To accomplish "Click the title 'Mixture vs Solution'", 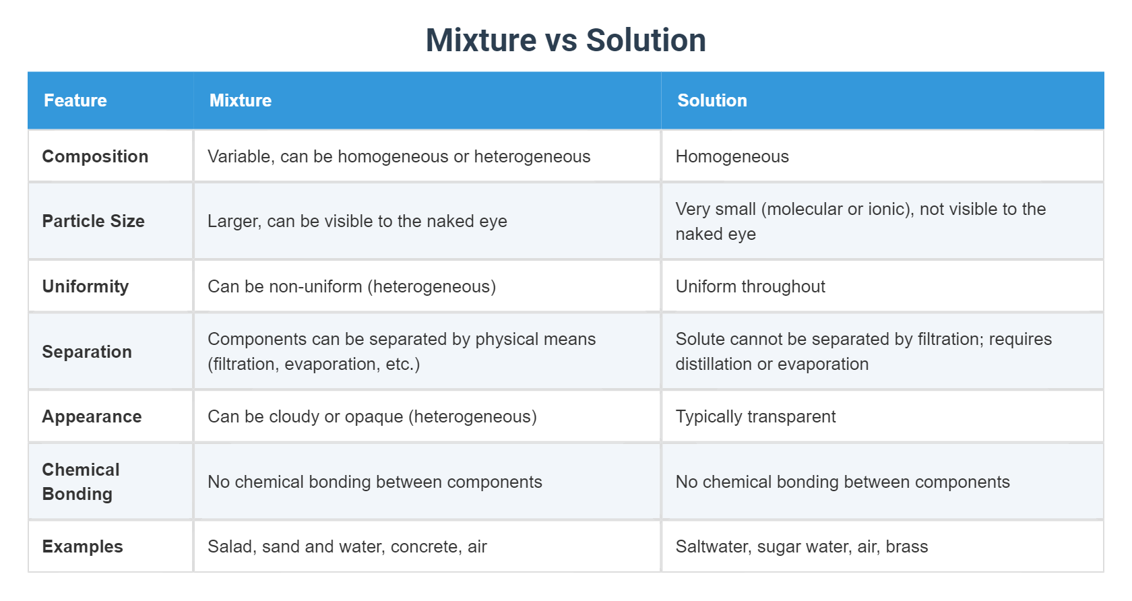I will [x=565, y=40].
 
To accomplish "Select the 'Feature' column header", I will [x=75, y=100].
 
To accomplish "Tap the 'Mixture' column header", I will [x=241, y=100].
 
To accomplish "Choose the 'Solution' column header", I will [x=712, y=100].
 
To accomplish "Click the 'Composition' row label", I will [x=95, y=156].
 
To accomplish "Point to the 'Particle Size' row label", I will [x=93, y=221].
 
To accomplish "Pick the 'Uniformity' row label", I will [x=86, y=286].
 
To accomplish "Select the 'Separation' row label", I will [x=87, y=352].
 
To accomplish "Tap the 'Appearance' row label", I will [x=92, y=416].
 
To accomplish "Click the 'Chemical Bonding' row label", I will [x=81, y=482].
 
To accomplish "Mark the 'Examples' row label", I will [x=82, y=546].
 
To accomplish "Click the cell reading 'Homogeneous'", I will [x=732, y=156].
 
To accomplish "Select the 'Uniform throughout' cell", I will [x=750, y=286].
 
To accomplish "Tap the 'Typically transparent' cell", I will [x=755, y=416].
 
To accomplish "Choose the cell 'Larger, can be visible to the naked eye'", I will [x=357, y=221].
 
